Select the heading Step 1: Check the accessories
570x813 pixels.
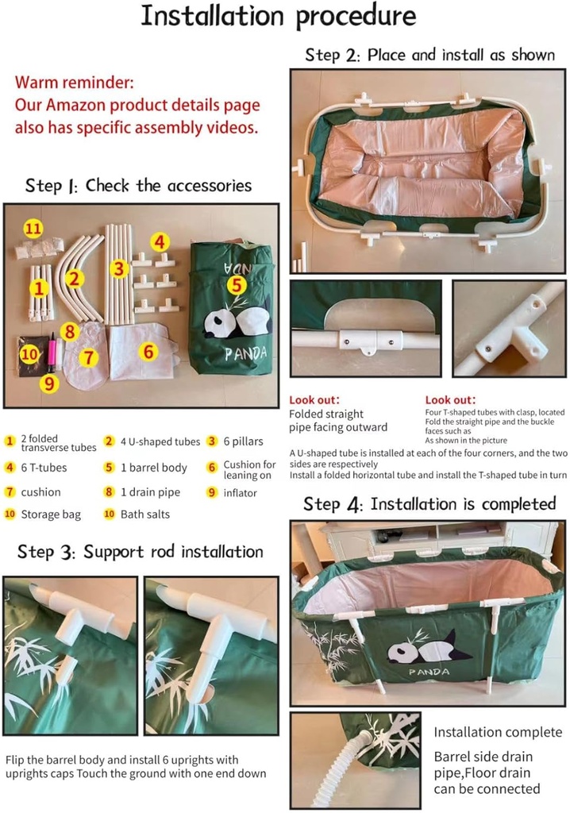click(138, 186)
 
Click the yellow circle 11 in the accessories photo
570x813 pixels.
click(32, 229)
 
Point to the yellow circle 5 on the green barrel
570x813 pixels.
click(236, 284)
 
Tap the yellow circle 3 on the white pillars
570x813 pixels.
click(119, 268)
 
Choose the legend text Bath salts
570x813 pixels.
click(144, 514)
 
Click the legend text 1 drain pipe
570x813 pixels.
click(150, 492)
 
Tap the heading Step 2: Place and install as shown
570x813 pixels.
click(429, 55)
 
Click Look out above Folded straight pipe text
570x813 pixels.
click(314, 399)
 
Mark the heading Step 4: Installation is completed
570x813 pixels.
click(429, 504)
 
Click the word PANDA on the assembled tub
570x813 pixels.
click(429, 672)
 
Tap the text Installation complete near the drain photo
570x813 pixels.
click(497, 732)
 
